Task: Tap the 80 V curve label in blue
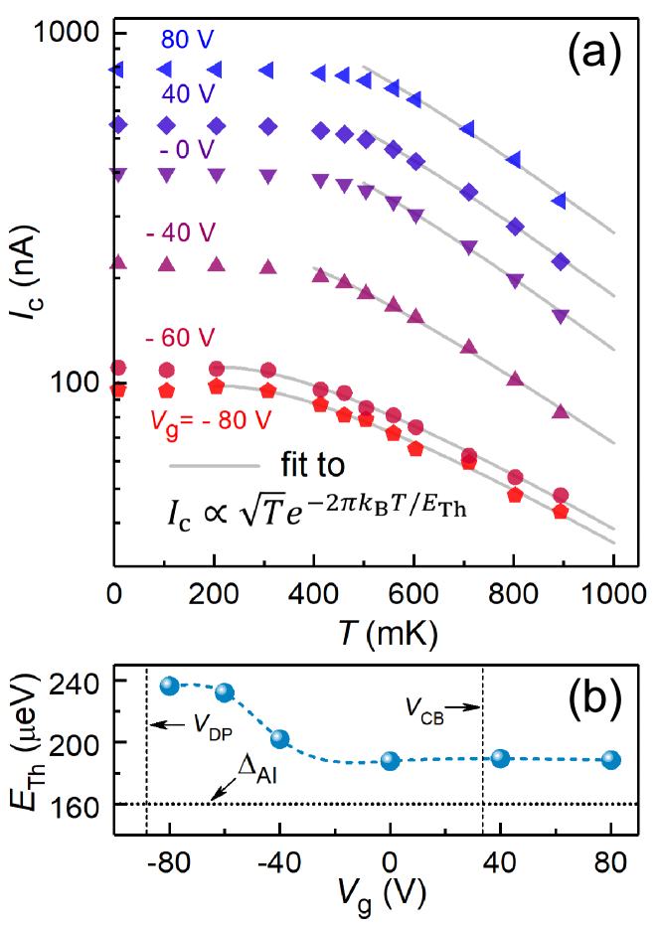[x=190, y=42]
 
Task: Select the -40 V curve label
[x=181, y=232]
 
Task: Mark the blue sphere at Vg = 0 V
[x=390, y=761]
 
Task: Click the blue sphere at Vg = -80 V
[x=169, y=686]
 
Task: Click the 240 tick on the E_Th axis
[x=79, y=682]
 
